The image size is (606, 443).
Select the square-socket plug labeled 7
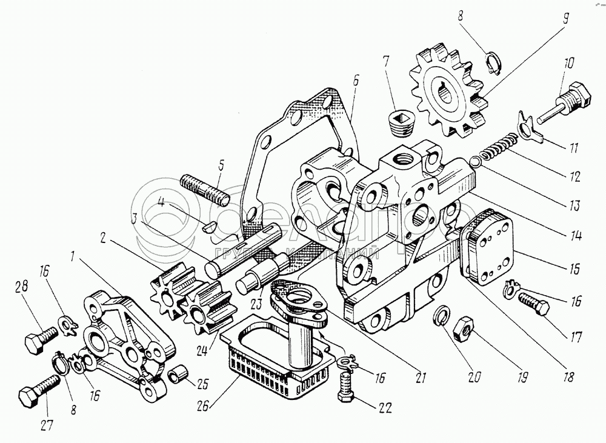point(400,125)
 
